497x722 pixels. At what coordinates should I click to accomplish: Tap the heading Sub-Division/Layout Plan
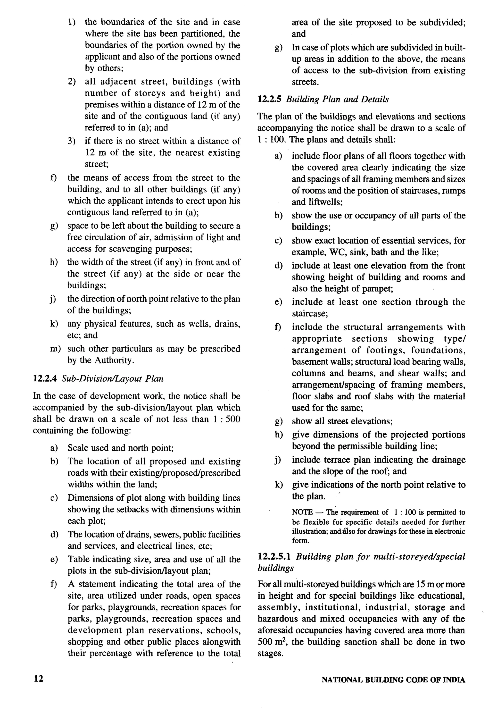pyautogui.click(x=112, y=379)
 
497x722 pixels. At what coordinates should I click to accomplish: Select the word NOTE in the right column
pyautogui.click(x=302, y=512)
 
